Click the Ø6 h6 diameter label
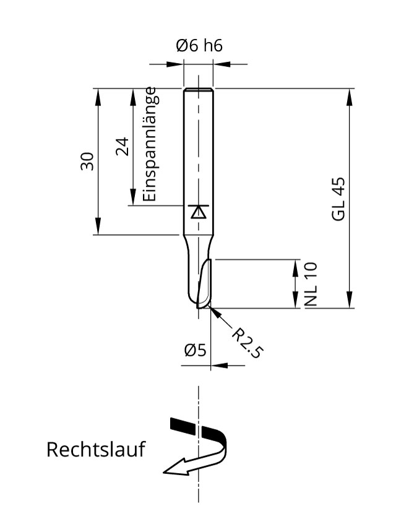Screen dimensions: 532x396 [x=199, y=46]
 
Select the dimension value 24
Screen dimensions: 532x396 [x=122, y=147]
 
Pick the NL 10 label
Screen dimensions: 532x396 [x=311, y=284]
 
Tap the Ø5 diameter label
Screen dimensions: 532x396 [x=194, y=350]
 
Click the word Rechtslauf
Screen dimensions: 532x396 [x=95, y=449]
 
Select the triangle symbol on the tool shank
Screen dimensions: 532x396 [x=198, y=212]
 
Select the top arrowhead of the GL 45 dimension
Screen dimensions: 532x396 [x=350, y=94]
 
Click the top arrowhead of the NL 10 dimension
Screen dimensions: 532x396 [x=294, y=265]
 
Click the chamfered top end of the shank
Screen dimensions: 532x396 [x=198, y=90]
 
